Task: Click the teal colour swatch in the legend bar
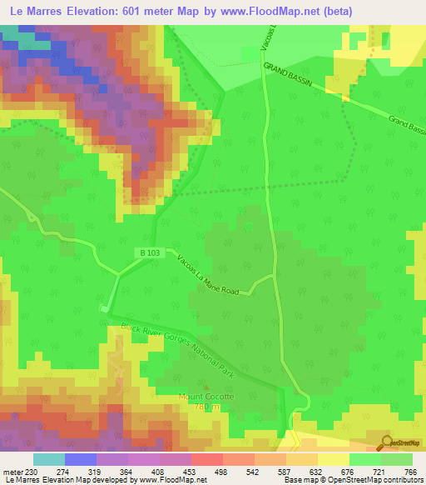49,459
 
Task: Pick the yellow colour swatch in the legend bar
334,459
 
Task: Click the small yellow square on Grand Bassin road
345,97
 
